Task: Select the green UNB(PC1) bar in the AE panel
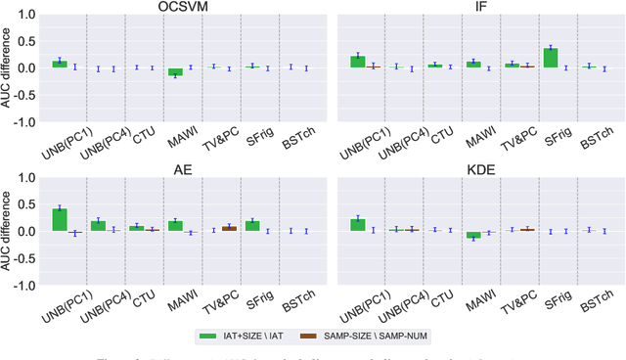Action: point(60,220)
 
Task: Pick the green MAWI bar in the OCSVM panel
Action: point(148,71)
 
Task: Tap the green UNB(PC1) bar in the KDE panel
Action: point(359,225)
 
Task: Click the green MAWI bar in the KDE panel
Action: point(446,235)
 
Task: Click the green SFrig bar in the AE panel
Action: point(252,225)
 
